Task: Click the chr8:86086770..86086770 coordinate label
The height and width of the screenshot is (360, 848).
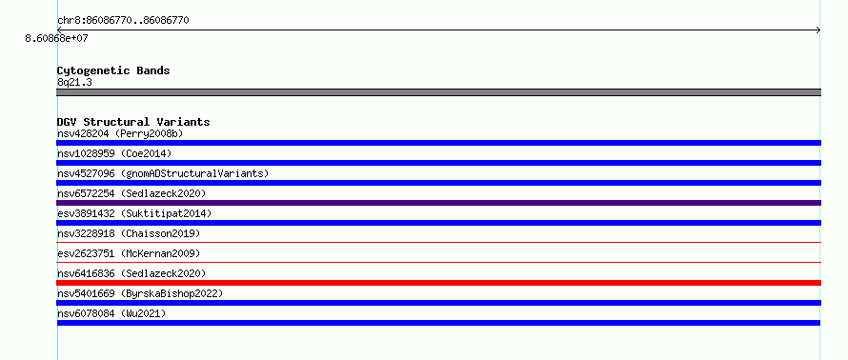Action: click(x=123, y=21)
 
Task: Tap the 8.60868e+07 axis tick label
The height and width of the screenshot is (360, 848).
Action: click(x=56, y=38)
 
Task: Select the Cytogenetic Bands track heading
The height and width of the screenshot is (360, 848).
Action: click(x=113, y=70)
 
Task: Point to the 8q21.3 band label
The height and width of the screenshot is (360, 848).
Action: click(x=74, y=82)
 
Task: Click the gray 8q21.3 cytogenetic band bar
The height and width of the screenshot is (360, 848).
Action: click(x=438, y=92)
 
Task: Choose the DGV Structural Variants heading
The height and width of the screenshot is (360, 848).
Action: click(x=133, y=122)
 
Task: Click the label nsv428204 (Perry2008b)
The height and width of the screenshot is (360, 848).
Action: click(x=124, y=133)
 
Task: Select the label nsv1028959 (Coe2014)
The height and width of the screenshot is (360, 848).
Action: click(x=114, y=153)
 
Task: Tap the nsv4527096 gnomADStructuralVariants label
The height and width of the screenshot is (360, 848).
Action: click(x=163, y=173)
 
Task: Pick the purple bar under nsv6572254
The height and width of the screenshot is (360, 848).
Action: click(x=438, y=203)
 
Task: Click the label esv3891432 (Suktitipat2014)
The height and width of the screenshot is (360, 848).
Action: click(x=134, y=213)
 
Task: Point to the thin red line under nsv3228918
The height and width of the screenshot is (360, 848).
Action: click(x=438, y=242)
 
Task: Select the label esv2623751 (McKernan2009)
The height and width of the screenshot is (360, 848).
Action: click(x=129, y=253)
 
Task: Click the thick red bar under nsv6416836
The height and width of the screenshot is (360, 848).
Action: click(x=438, y=283)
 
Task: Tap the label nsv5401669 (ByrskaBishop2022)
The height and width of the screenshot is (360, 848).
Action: click(x=140, y=293)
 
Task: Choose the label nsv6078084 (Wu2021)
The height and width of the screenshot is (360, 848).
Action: click(x=111, y=313)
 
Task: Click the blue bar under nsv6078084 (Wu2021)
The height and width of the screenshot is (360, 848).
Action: click(x=438, y=323)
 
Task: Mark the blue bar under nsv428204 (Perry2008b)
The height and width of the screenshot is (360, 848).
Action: click(x=438, y=143)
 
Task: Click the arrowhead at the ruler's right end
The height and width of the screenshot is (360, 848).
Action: click(x=818, y=30)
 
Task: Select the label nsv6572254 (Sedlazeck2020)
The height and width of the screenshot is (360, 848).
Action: click(x=131, y=193)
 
